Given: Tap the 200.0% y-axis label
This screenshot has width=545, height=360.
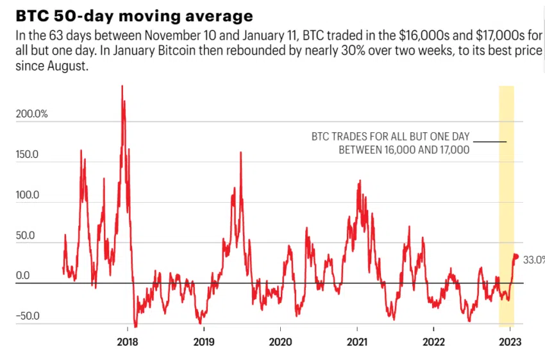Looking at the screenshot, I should tap(32, 114).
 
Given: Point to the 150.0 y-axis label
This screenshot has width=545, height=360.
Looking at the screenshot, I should tap(28, 155).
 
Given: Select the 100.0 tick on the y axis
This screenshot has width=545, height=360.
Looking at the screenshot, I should tap(28, 195).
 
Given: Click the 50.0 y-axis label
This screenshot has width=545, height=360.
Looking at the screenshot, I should tap(25, 236).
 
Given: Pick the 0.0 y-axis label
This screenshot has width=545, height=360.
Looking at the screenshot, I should tap(23, 276).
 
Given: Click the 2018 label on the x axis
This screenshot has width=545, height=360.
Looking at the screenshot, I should tap(128, 341).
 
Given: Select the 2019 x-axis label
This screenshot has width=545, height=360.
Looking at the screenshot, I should tap(204, 341).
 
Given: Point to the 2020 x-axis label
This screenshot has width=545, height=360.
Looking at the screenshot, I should tap(280, 341).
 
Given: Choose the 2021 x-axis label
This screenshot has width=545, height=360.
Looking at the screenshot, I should tap(357, 341).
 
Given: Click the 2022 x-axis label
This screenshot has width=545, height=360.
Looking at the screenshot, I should tap(433, 341).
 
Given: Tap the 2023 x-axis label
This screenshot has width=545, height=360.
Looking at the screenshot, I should tap(510, 341).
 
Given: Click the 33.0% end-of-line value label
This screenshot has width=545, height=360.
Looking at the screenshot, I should tap(533, 260).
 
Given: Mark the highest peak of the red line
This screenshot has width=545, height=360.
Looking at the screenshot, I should tap(122, 87).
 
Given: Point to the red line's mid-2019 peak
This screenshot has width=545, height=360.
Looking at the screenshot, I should tap(240, 153).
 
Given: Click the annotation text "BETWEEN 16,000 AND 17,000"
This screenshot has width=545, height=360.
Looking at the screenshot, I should tap(404, 150).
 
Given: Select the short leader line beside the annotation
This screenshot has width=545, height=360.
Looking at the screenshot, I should tap(491, 141).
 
